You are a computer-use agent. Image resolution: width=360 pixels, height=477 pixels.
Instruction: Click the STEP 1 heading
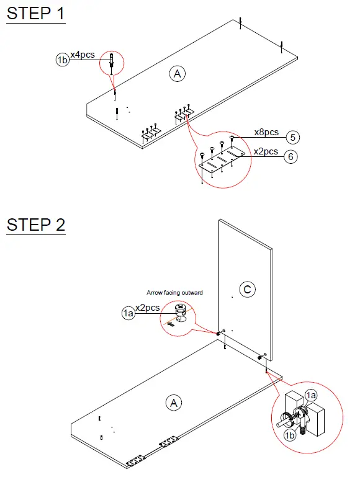35,14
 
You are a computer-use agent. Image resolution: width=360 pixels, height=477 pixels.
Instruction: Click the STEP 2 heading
35,224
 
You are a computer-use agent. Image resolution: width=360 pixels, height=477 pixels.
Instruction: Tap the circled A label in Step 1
177,74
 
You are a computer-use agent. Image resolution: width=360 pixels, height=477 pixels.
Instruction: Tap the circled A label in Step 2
173,403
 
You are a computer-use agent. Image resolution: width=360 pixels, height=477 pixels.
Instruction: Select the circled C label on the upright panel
247,288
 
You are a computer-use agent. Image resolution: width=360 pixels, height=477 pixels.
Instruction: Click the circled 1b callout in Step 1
62,60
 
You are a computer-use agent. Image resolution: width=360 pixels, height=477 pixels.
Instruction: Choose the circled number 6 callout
290,156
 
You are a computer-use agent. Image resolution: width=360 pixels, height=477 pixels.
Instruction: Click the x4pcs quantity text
83,55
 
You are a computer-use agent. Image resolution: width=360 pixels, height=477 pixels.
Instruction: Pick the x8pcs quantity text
266,132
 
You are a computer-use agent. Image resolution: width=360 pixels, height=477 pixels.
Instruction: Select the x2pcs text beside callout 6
266,152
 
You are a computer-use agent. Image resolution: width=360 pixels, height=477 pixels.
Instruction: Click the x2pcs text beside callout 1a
148,308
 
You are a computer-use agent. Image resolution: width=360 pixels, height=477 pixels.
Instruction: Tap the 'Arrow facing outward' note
174,292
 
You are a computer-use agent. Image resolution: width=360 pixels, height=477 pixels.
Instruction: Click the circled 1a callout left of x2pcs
128,314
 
